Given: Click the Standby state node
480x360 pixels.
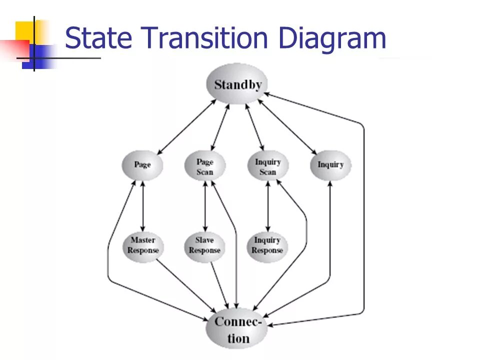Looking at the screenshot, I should point(237,84).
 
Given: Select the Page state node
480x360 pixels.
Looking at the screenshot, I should point(142,164).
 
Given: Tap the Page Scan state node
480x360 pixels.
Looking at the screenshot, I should point(205,166).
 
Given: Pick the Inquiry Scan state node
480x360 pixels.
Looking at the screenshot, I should point(268,166).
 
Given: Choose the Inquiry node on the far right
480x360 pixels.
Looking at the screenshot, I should point(330,164).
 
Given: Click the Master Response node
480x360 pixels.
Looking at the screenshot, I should point(143,245).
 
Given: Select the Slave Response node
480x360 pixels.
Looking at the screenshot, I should point(204,245).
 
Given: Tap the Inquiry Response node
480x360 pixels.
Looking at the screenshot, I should point(267,245).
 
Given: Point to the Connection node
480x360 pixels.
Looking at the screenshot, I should point(237,329).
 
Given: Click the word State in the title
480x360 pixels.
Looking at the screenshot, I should point(93,38).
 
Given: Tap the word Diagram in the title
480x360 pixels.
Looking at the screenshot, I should point(332,38).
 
